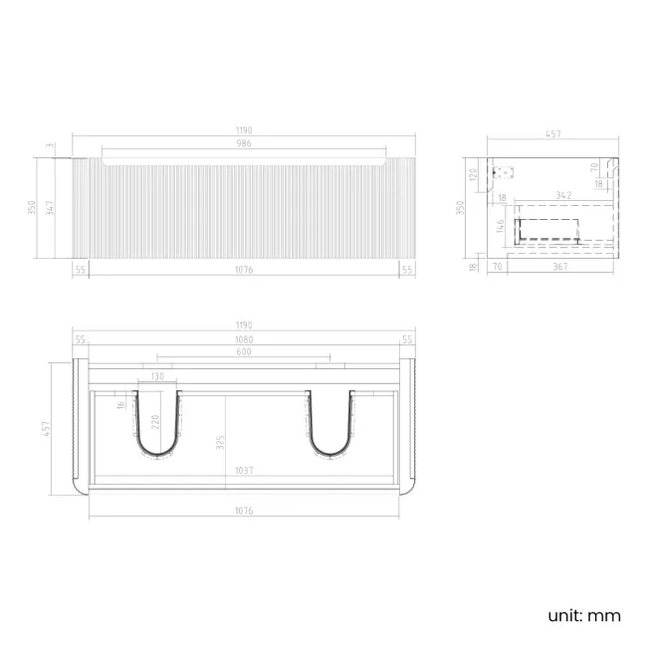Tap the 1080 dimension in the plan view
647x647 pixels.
click(x=244, y=340)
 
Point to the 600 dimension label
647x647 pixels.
click(x=244, y=351)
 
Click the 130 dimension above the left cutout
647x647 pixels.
click(x=157, y=377)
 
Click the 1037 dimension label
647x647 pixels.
click(x=244, y=470)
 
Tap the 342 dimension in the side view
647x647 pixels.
click(x=562, y=195)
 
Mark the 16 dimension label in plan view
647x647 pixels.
click(x=121, y=403)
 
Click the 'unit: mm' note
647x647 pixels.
click(x=583, y=615)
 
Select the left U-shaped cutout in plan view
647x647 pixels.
click(x=157, y=428)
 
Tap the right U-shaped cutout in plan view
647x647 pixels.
click(x=330, y=428)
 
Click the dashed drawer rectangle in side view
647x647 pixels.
click(x=547, y=230)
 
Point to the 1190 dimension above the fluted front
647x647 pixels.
click(x=244, y=130)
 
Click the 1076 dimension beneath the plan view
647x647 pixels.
click(x=244, y=510)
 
